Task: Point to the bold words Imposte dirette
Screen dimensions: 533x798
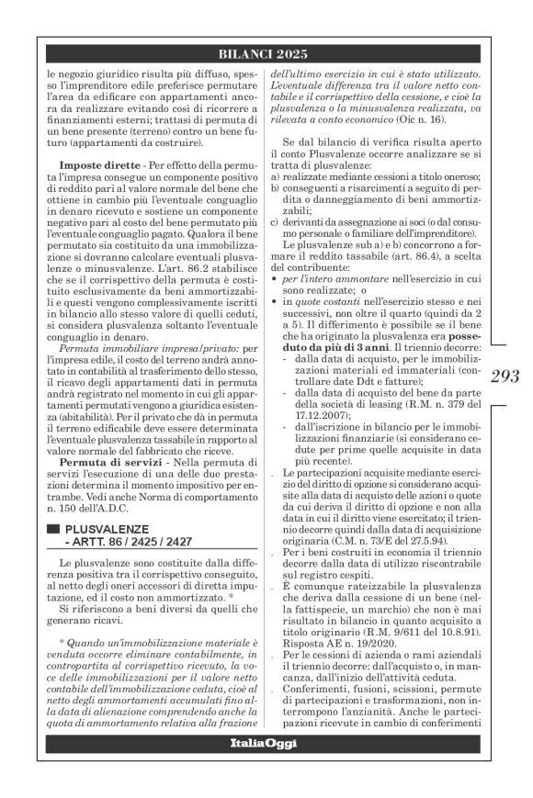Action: tap(83, 165)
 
